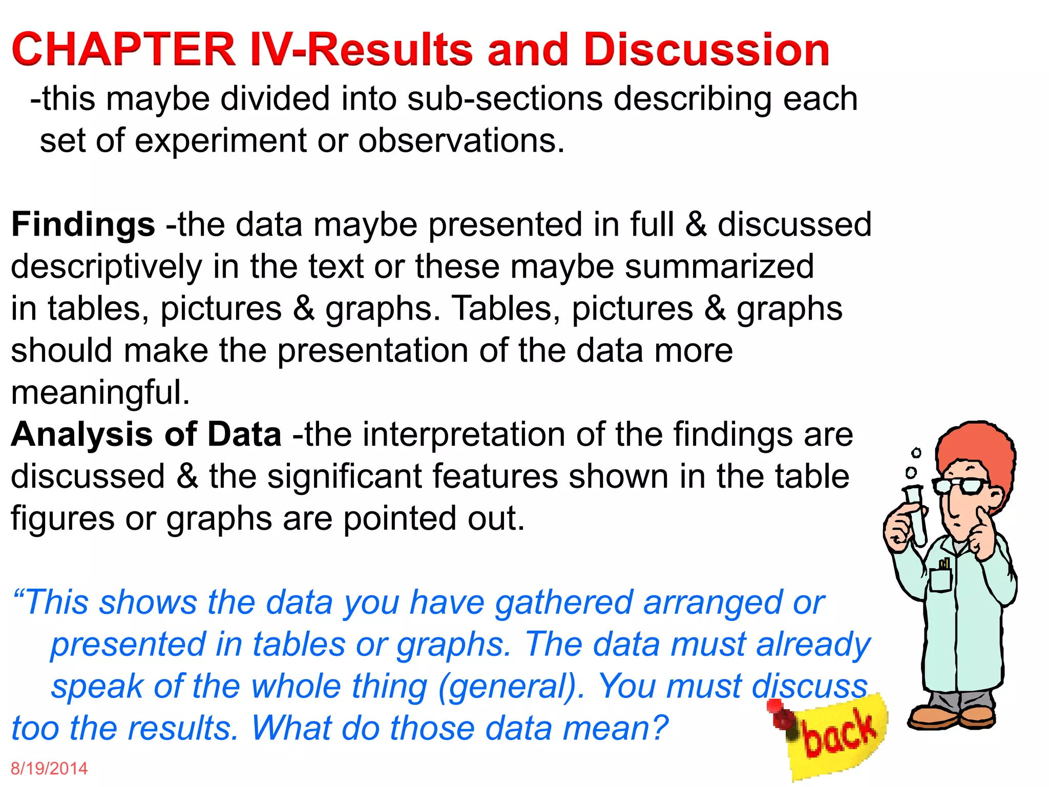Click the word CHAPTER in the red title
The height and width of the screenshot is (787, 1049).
click(x=123, y=50)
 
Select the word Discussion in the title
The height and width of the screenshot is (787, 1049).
click(x=707, y=50)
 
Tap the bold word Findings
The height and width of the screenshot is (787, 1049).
click(x=83, y=225)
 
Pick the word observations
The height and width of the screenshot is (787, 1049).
click(x=461, y=141)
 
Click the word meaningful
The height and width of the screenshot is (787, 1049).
click(x=100, y=393)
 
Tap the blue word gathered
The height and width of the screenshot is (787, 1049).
click(x=563, y=603)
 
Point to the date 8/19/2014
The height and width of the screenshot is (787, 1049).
click(x=49, y=769)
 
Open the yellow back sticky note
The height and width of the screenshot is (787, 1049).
click(x=840, y=738)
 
